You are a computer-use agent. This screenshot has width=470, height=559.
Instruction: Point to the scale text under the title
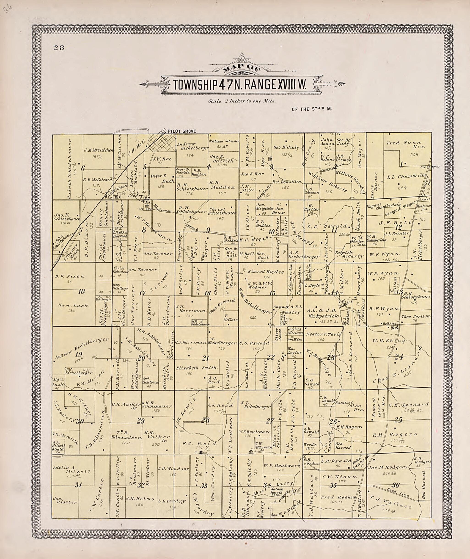[x=242, y=101]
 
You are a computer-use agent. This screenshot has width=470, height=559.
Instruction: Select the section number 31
[x=78, y=485]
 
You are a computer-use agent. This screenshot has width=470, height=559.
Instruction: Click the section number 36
[x=395, y=485]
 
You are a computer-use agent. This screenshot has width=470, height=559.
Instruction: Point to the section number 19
[x=79, y=354]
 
